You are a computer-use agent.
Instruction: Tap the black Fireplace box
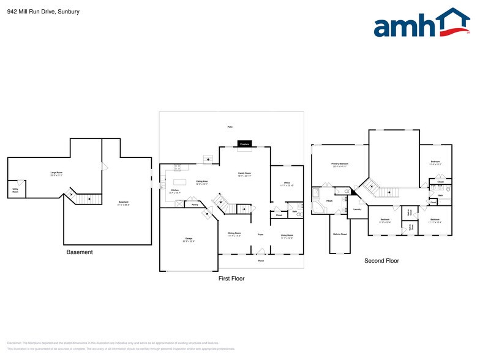tap(244, 144)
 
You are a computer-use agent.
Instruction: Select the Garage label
tap(189, 239)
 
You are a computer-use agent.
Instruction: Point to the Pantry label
tap(194, 204)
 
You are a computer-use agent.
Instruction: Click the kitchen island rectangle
tap(179, 182)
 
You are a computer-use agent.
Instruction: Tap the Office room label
tap(287, 184)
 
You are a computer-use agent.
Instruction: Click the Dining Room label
tap(234, 234)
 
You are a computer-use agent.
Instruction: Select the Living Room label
tap(287, 236)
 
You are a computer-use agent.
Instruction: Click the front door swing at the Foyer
tap(261, 250)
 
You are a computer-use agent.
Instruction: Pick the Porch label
tap(261, 261)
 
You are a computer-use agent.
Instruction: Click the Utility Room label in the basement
tap(15, 191)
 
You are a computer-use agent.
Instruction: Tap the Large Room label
tap(56, 174)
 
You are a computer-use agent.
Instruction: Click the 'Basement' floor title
tap(80, 252)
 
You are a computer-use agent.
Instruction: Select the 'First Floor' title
tap(231, 278)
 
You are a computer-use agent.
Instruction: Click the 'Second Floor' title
tap(381, 261)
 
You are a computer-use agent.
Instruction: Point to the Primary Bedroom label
tap(340, 165)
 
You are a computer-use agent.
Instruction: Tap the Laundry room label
tap(357, 209)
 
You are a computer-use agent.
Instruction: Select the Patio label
tap(230, 127)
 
